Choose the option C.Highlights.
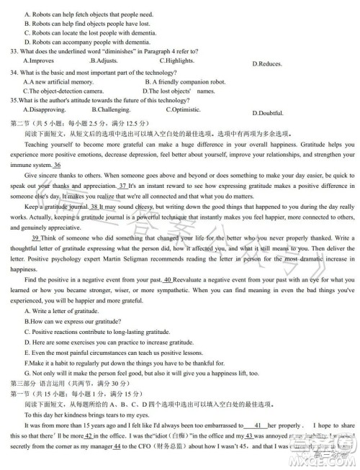[x=177, y=60]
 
